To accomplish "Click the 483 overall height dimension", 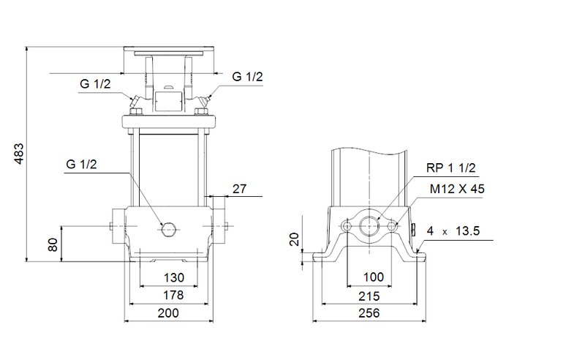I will point(20,154).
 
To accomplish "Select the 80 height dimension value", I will point(53,244).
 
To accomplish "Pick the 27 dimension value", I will point(239,189).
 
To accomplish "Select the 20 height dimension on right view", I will point(295,239).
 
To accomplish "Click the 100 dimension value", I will point(374,278).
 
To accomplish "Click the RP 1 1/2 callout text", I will point(451,168).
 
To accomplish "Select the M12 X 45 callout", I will point(457,189).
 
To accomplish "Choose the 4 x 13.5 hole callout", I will point(453,230).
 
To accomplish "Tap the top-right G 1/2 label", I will point(247,76).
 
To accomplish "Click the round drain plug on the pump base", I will point(169,229).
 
